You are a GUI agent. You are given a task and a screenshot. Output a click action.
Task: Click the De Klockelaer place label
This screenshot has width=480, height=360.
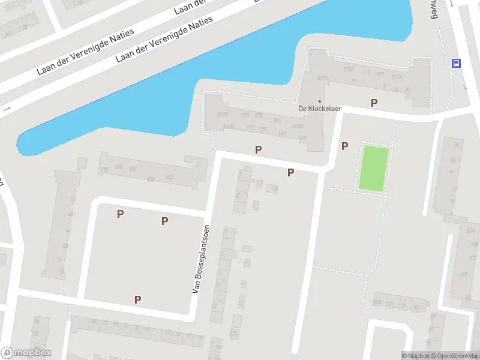tap(319, 109)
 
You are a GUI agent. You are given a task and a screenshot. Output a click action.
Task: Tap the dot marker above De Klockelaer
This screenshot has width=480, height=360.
tap(319, 101)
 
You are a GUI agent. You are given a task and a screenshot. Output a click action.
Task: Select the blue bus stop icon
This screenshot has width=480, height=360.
tap(456, 63)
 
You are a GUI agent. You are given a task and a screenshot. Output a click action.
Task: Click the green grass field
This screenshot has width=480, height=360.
tap(373, 169)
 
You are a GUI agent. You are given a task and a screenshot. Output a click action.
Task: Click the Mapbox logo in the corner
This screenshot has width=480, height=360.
tap(26, 353)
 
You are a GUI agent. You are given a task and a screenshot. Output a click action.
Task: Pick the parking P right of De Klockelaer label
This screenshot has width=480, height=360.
tap(374, 103)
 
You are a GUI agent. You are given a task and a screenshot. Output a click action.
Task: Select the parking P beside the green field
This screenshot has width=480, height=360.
tap(344, 146)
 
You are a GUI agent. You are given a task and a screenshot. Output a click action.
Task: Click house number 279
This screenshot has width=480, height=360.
tap(244, 115)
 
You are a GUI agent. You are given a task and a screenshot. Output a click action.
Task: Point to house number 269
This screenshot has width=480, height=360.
tap(278, 121)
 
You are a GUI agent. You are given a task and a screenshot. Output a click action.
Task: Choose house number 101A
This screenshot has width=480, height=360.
tap(396, 77)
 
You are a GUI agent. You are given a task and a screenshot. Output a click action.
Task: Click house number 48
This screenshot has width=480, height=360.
tap(71, 215)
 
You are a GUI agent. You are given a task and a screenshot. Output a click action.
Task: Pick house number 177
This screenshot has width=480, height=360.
tap(249, 127)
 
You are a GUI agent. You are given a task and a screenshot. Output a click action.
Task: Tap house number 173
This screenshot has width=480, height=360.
tap(262, 129)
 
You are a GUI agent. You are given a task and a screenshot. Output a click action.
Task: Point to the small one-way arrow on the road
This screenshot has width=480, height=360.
tap(7, 109)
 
